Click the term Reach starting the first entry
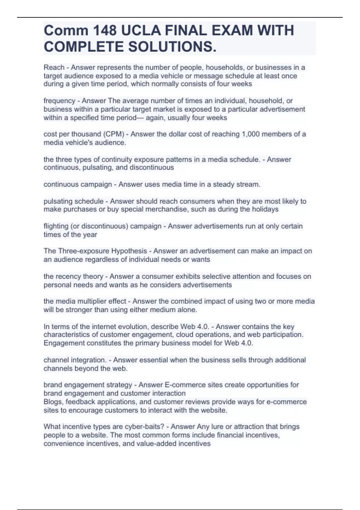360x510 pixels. (x=54, y=67)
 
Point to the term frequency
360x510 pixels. (x=59, y=101)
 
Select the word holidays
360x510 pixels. (x=265, y=209)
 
